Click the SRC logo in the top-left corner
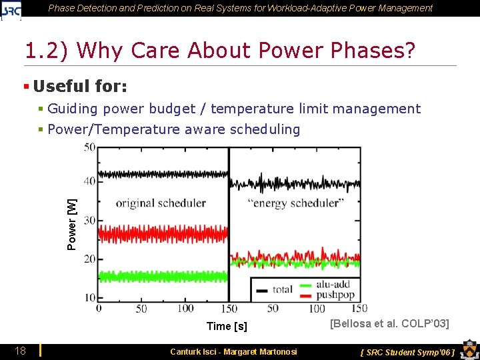11,9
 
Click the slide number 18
21,351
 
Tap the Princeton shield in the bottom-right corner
468,351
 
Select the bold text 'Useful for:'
80,86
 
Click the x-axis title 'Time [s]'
227,326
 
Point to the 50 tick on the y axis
89,147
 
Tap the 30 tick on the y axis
89,220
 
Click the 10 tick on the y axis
89,297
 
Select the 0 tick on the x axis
99,308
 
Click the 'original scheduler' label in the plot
161,203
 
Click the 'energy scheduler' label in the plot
295,203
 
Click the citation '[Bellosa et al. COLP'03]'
389,324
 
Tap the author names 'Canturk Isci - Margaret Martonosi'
233,351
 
